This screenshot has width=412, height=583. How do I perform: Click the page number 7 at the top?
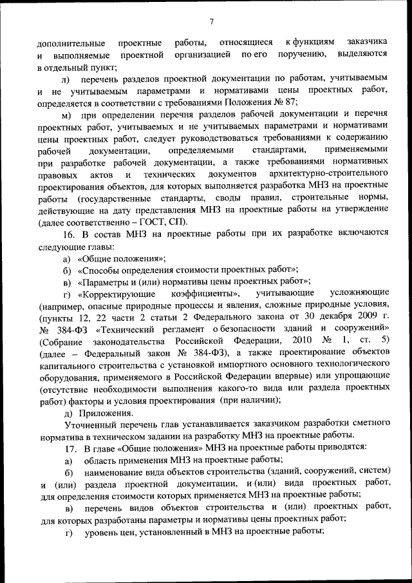(x=211, y=23)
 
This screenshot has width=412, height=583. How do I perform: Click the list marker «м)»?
(x=66, y=115)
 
